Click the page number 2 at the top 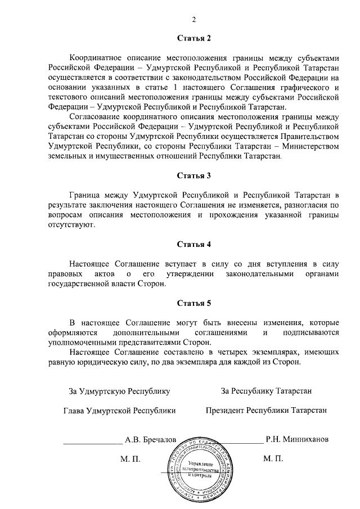(193, 21)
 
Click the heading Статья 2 (193, 39)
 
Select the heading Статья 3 (193, 175)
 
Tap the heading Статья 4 (193, 244)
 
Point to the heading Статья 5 (193, 304)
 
